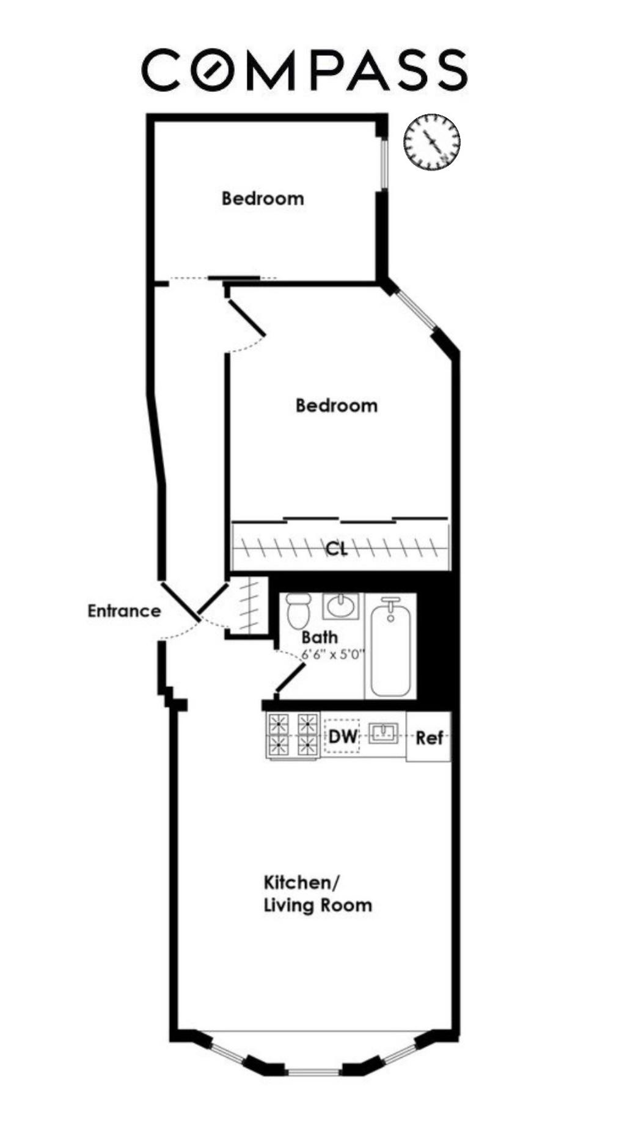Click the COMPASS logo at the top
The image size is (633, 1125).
click(x=304, y=70)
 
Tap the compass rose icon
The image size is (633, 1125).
click(x=431, y=142)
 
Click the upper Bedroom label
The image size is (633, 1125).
click(x=262, y=199)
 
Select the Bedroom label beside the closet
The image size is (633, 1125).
click(x=336, y=405)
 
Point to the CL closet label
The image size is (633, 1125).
click(x=336, y=548)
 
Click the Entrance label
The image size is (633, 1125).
click(x=124, y=611)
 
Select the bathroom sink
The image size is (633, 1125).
click(x=342, y=606)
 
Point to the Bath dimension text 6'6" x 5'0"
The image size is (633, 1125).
click(x=333, y=654)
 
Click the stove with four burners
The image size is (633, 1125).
click(x=293, y=735)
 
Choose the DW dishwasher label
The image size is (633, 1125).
click(x=343, y=736)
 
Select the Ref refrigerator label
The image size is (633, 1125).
click(x=429, y=738)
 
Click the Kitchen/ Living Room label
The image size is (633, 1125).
click(x=317, y=893)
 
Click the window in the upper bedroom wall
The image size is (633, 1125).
click(x=383, y=164)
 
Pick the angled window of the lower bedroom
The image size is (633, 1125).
click(x=415, y=309)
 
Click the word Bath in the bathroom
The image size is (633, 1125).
click(x=319, y=637)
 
